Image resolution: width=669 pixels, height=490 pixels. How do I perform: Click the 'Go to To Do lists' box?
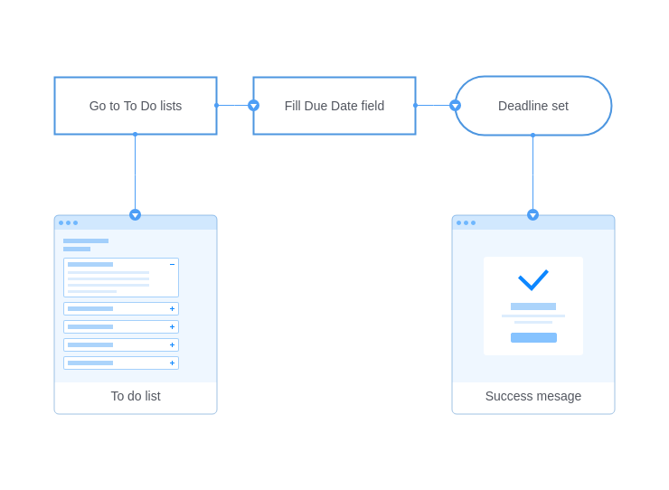coord(136,106)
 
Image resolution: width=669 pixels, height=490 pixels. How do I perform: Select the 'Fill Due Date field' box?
coord(334,106)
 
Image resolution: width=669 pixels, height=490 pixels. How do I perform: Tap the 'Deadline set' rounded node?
coord(533,106)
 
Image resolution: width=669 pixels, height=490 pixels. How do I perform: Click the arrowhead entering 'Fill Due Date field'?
coord(253,106)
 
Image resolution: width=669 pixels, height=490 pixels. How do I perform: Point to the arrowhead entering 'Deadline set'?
coord(456,106)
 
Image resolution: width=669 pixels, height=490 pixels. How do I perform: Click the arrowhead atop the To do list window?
coord(136,214)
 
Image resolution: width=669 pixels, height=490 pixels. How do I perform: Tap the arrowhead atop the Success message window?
coord(532,214)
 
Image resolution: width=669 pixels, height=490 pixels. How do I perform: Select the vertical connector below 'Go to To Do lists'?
coord(136,172)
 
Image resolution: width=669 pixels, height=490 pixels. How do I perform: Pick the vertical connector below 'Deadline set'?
coord(532,173)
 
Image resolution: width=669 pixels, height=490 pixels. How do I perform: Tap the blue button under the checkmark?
coord(533,337)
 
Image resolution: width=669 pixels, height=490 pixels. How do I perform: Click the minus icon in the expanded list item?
coord(173,265)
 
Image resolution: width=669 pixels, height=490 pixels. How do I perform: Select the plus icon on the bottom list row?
coord(173,363)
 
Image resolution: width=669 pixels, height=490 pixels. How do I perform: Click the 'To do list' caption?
coord(136,396)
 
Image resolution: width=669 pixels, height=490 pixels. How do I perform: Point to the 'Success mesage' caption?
coord(533,396)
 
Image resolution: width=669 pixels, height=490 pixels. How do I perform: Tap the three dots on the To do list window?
coord(69,222)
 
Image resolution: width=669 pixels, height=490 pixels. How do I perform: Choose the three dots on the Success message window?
coord(466,222)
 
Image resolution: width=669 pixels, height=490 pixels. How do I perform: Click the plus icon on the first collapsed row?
coord(173,308)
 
